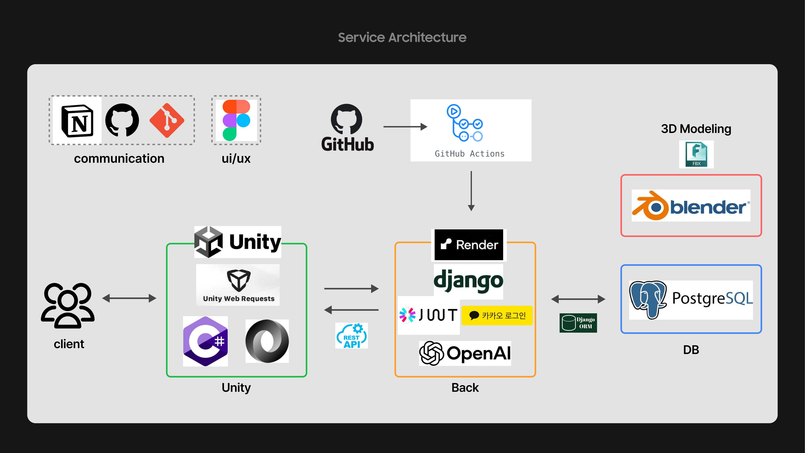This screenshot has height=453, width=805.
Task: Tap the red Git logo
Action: [167, 120]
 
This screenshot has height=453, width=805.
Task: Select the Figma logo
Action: [236, 120]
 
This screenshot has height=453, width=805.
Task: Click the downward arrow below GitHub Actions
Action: [471, 191]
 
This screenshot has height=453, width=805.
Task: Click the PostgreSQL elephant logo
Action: [647, 299]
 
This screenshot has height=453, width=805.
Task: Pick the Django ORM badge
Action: [578, 323]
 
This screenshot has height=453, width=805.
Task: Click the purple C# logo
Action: [205, 341]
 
